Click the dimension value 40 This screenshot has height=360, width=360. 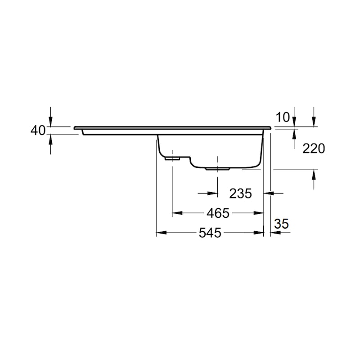coord(38,130)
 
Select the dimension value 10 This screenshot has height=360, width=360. coord(283,117)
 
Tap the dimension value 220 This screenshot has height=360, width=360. coord(314,148)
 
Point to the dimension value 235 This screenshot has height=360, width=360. coord(240,193)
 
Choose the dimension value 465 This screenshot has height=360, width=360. coord(218,213)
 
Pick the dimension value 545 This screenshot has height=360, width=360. coord(210,233)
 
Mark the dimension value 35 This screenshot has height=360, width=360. coord(281,224)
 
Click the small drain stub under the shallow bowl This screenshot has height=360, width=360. coord(172,158)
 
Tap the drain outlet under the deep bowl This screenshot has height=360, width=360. coord(217,169)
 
